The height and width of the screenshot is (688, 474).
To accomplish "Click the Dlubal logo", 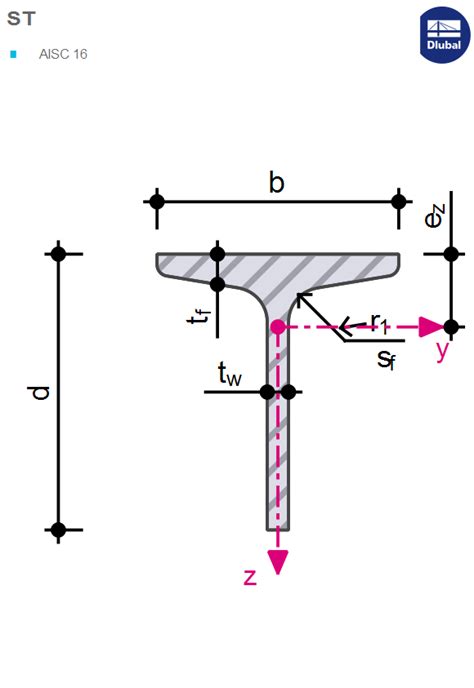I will (444, 35).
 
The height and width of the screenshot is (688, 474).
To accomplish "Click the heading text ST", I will (20, 18).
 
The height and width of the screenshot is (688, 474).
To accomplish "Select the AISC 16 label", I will (63, 54).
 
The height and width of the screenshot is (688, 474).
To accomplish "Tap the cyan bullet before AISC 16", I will (13, 54).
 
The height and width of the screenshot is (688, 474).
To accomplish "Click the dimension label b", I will (277, 182).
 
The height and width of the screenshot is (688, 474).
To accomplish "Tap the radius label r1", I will (378, 321).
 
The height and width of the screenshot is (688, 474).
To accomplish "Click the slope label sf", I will (386, 359).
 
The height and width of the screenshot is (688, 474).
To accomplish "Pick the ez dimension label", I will (433, 215).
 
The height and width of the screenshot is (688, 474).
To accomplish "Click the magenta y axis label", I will (443, 350).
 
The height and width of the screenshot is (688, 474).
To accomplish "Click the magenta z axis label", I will (250, 576).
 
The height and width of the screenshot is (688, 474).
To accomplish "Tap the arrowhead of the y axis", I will (431, 326).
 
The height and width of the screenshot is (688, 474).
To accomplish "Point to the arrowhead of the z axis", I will (278, 562).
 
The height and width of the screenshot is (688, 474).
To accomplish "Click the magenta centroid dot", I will (278, 326).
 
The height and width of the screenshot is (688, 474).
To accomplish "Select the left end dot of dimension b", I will (156, 201).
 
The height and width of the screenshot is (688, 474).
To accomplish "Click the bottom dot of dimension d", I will (58, 529).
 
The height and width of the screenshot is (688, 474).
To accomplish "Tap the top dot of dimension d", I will (58, 254).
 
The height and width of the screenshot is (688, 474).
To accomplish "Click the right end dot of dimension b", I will (400, 201).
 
